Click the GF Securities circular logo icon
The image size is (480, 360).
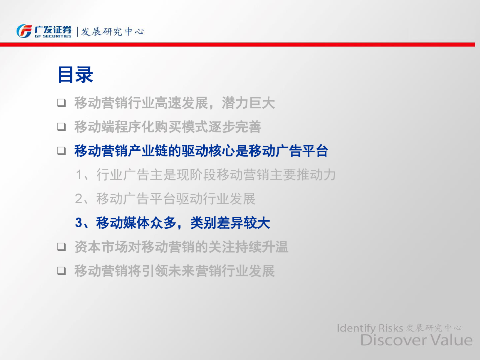point(24,31)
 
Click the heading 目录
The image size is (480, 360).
point(75,75)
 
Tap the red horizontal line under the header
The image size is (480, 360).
point(237,45)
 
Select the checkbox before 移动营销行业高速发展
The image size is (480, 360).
point(61,103)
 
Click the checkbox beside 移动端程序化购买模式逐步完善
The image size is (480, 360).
point(61,127)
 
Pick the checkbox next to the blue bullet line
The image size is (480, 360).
point(61,151)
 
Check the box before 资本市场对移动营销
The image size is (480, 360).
point(61,247)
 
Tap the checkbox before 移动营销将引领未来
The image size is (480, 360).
point(61,271)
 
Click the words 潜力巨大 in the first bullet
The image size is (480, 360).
point(248,103)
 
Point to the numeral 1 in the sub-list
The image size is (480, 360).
point(79,175)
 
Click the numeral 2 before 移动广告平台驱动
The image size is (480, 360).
point(78,199)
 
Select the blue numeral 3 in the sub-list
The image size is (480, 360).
point(78,223)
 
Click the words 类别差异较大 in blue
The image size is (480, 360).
point(230,223)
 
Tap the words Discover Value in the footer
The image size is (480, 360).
point(416,340)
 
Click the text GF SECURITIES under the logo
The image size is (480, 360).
point(53,36)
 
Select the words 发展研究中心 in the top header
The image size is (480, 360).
point(112,32)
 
